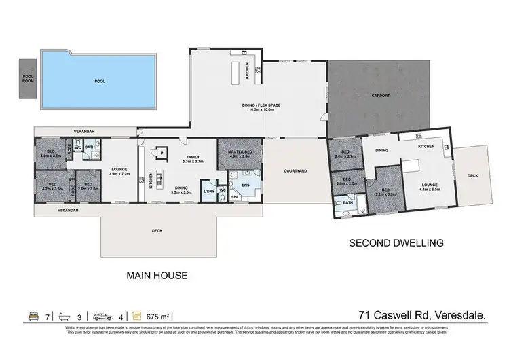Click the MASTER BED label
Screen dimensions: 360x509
click(240, 153)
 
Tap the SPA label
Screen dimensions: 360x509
click(235, 197)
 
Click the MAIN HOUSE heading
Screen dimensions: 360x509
click(157, 275)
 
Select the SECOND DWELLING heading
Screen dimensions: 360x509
click(396, 242)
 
